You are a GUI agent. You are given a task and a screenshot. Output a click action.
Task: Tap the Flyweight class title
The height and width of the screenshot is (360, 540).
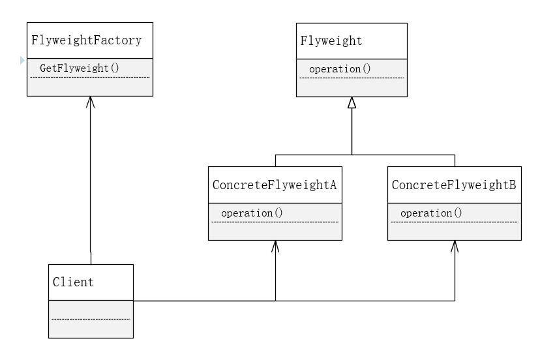pyautogui.click(x=331, y=40)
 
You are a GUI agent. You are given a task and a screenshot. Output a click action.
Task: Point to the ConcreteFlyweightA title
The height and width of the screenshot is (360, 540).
pyautogui.click(x=275, y=185)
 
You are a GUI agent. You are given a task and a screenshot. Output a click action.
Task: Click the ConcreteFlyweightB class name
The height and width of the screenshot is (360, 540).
pyautogui.click(x=454, y=185)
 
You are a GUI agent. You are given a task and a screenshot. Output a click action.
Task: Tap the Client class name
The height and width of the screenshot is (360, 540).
pyautogui.click(x=73, y=282)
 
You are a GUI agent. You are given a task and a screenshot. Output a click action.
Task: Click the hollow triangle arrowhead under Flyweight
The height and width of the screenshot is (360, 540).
pyautogui.click(x=352, y=102)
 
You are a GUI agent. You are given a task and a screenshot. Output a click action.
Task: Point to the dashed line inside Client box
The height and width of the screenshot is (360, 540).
pyautogui.click(x=91, y=319)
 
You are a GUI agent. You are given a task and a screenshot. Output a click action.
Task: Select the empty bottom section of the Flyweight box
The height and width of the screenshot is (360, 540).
pyautogui.click(x=352, y=87)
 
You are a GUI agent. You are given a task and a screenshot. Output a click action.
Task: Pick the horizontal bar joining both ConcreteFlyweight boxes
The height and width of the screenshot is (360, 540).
pyautogui.click(x=365, y=155)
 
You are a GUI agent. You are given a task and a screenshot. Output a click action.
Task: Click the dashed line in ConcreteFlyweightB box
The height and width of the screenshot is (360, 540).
pyautogui.click(x=454, y=222)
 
